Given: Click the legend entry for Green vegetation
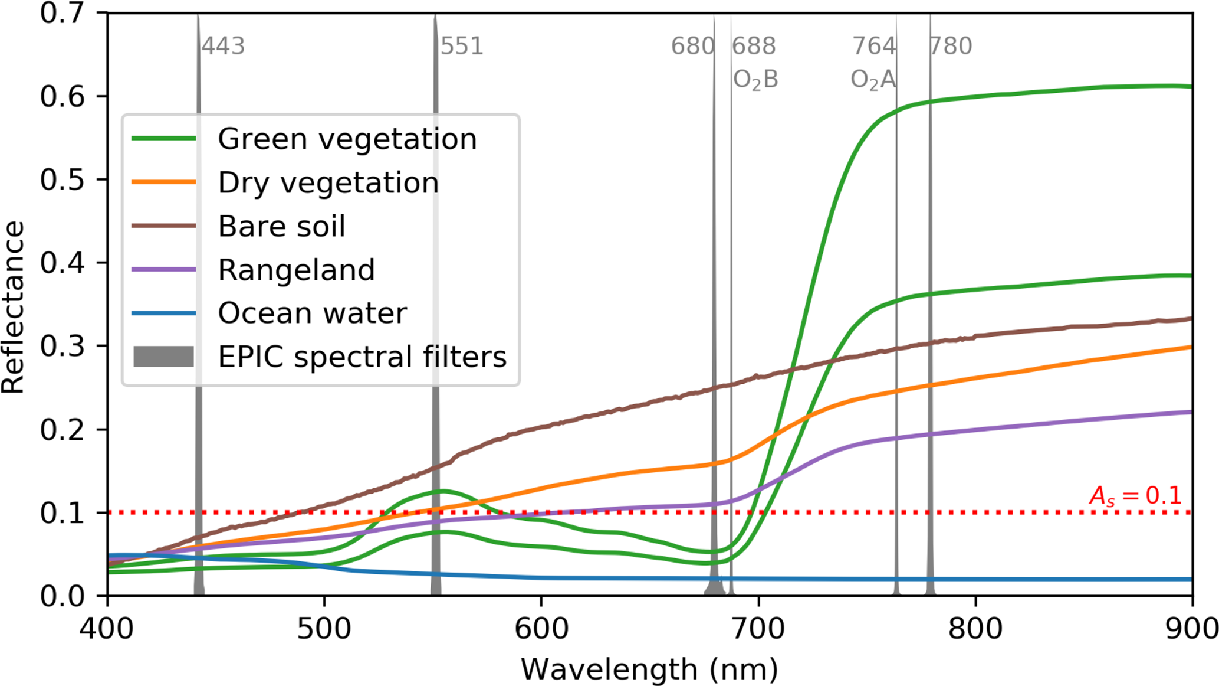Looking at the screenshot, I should coord(347,139).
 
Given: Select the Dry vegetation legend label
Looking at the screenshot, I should coord(328,182).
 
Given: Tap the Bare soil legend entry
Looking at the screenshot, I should coord(281,226).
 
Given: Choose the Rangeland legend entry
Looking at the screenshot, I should coord(296,270).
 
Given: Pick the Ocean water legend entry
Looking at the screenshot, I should coord(312,313).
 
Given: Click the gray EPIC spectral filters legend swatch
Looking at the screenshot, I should coord(163,357).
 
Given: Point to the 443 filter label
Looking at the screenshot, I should coord(223,46).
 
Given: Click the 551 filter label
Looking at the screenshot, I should coord(462,46).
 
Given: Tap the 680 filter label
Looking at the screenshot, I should coord(692,46).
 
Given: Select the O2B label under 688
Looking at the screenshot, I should coord(755,79).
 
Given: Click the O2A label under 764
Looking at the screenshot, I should coord(873,79).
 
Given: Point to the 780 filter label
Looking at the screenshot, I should coord(951,46).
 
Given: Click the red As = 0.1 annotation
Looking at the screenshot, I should coord(1135,495).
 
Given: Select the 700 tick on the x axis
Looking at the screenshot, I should coord(758,628).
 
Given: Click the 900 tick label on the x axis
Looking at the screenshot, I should coord(1191,628).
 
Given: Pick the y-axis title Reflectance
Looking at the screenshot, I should coord(13,307).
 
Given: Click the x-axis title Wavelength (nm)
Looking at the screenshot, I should coord(649,670).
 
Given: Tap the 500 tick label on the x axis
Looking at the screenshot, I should coord(324,628).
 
